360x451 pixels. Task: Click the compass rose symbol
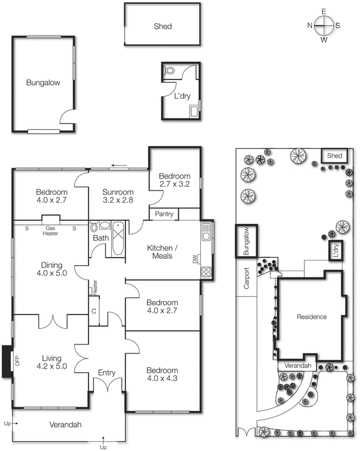(x=324, y=25)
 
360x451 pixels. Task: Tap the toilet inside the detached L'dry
(x=169, y=71)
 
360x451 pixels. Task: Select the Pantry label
(x=164, y=214)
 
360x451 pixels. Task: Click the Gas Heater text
(x=51, y=231)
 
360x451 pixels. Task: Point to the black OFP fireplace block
(x=7, y=361)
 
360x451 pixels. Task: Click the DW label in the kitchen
(x=195, y=259)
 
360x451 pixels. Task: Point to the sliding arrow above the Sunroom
(x=119, y=166)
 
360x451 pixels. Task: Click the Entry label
(x=107, y=373)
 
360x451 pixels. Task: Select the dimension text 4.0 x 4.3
(x=162, y=379)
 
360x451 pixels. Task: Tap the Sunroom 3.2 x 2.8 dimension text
(x=118, y=200)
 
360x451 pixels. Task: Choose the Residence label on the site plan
(x=311, y=317)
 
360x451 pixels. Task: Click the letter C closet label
(x=94, y=312)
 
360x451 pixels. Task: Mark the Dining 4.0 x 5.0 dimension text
(x=50, y=273)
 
